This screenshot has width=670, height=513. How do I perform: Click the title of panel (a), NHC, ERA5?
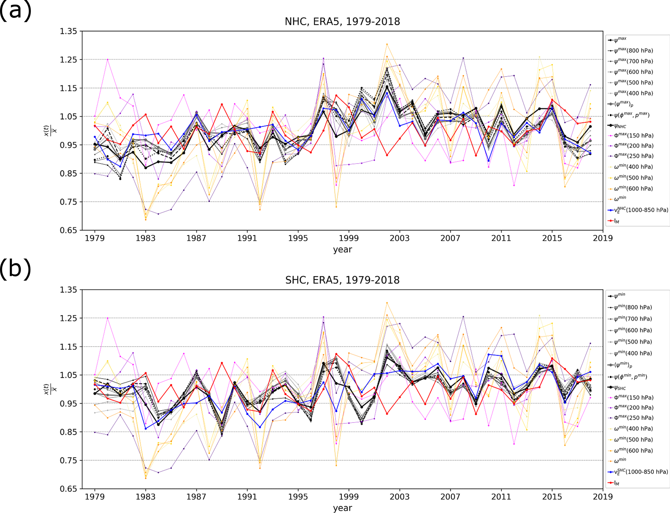342,21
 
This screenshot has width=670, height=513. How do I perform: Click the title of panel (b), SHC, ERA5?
342,280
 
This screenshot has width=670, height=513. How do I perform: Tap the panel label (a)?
15,10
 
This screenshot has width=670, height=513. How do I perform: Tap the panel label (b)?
15,269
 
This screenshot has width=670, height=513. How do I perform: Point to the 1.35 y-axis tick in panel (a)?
68,31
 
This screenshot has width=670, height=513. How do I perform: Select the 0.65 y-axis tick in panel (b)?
68,489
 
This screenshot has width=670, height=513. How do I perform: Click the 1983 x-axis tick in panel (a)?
146,238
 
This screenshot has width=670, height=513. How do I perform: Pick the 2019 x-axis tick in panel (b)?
603,497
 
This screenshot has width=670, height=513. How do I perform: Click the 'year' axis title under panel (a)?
342,250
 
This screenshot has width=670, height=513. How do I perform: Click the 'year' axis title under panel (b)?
342,508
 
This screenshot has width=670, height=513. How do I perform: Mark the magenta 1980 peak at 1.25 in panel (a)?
108,59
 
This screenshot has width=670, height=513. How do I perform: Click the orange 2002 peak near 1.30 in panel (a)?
387,44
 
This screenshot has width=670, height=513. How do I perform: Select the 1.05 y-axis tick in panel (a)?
68,117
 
